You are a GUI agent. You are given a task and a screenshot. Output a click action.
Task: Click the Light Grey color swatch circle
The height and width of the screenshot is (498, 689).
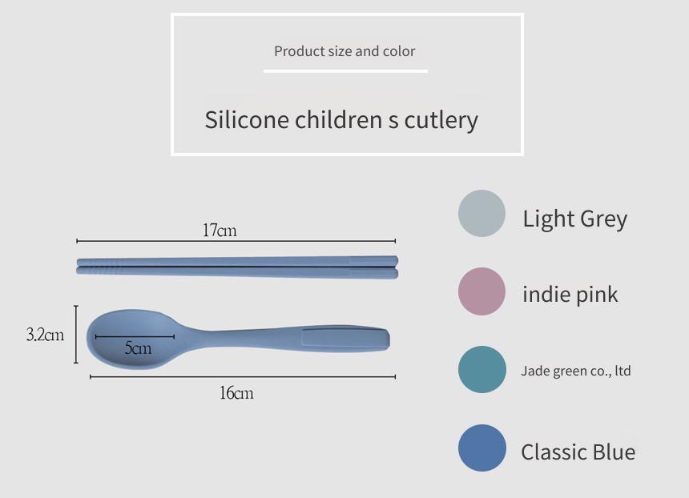point(481,214)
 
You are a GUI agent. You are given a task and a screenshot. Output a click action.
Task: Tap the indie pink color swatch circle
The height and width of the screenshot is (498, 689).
point(481,291)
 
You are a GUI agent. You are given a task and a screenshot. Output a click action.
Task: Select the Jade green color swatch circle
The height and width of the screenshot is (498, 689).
point(482,369)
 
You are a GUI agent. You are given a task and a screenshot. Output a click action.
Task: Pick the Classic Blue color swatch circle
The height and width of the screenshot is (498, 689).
point(482,448)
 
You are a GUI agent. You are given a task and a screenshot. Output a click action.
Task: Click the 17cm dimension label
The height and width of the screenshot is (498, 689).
point(220,230)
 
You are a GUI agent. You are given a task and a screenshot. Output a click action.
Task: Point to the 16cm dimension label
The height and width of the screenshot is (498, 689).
point(236,392)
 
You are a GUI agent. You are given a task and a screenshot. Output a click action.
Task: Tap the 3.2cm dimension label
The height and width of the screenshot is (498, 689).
point(45,335)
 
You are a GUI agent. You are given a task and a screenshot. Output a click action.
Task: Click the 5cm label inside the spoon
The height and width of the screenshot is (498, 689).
point(138,347)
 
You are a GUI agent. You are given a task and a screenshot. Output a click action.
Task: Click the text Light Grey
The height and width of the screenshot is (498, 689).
point(574,219)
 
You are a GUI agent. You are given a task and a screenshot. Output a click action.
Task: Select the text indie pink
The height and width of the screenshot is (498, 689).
point(570,295)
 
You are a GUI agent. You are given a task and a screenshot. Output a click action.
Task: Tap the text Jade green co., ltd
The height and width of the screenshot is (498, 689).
point(575,371)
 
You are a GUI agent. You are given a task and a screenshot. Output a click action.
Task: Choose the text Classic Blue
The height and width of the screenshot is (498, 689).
point(578,452)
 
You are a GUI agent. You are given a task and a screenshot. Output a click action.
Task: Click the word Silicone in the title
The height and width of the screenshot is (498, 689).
point(246,119)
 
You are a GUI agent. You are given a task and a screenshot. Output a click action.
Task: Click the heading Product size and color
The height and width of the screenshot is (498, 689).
point(344,51)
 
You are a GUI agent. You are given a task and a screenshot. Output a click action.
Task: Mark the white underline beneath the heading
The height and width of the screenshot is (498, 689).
point(345,70)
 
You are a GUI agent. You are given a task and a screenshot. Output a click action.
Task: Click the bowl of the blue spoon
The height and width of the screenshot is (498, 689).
point(132,339)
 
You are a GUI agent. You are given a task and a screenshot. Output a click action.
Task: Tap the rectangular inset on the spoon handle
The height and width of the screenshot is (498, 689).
point(345,338)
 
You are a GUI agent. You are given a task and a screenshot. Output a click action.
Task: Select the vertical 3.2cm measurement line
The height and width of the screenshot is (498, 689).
point(76,334)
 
